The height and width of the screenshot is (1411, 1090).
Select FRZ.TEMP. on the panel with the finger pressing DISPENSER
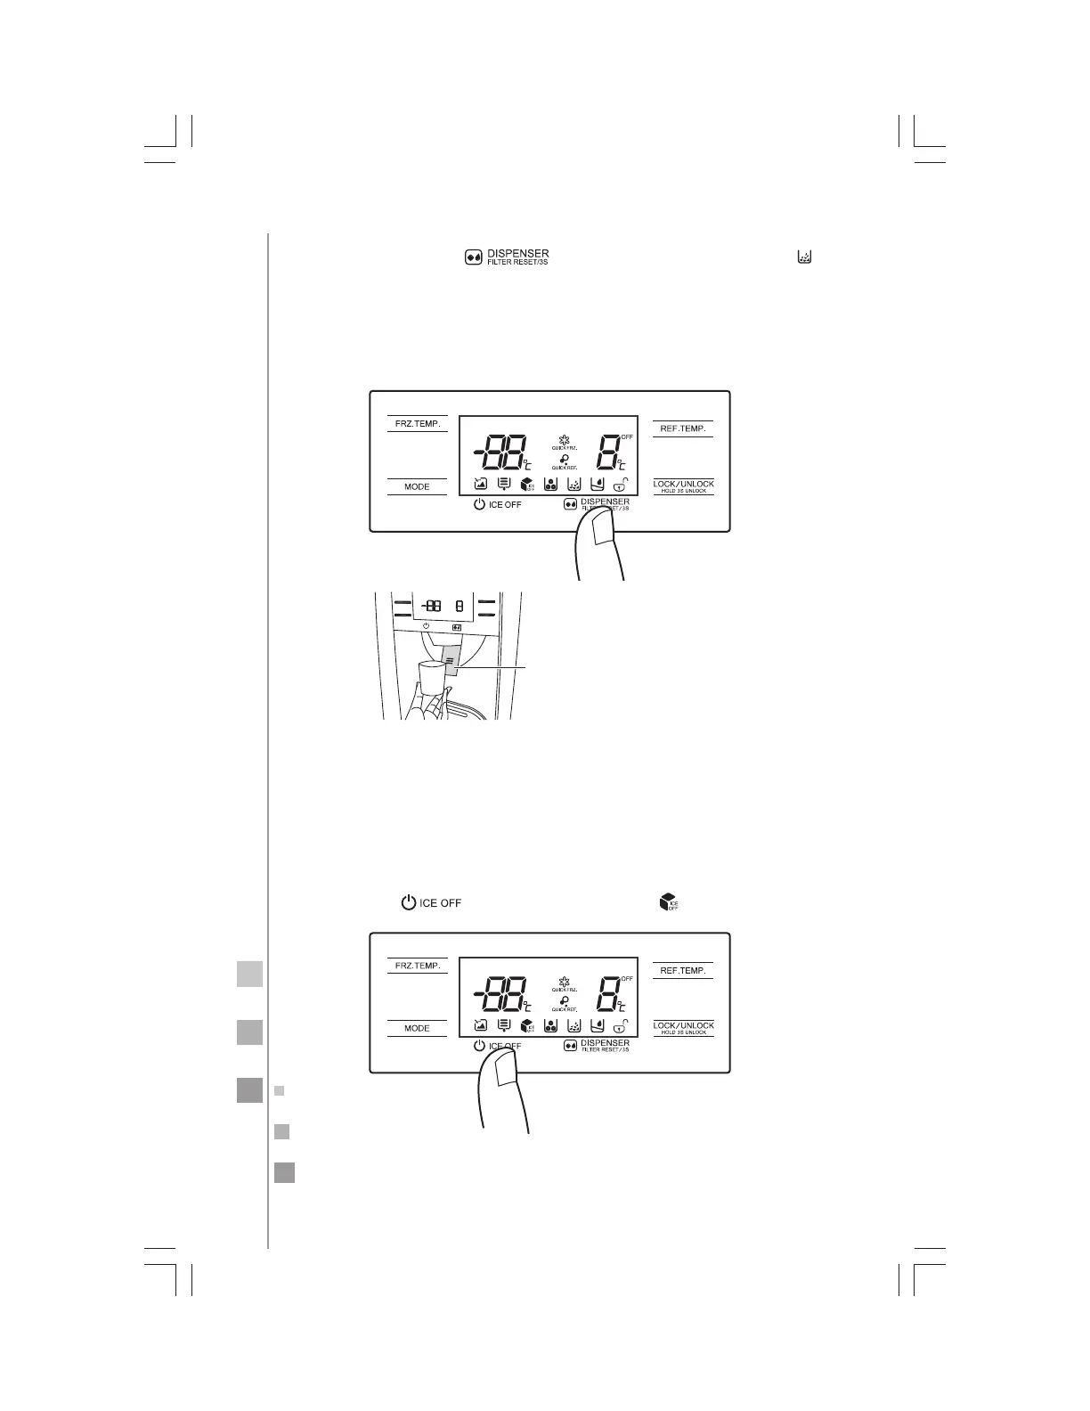[x=418, y=424]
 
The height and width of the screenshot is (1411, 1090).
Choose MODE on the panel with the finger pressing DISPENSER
[x=417, y=487]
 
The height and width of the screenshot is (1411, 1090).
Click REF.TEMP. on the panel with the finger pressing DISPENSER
[x=683, y=428]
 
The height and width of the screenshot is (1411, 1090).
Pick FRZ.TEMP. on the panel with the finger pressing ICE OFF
[x=418, y=966]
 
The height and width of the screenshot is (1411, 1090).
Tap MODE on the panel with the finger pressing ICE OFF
[x=417, y=1028]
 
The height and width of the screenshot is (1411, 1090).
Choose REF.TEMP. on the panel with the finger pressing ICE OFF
[x=683, y=971]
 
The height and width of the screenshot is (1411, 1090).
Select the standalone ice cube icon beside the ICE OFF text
[x=667, y=901]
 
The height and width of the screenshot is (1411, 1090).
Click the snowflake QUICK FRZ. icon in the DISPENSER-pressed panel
[x=563, y=441]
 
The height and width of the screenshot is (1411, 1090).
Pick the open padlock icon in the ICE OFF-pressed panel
[x=620, y=1025]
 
